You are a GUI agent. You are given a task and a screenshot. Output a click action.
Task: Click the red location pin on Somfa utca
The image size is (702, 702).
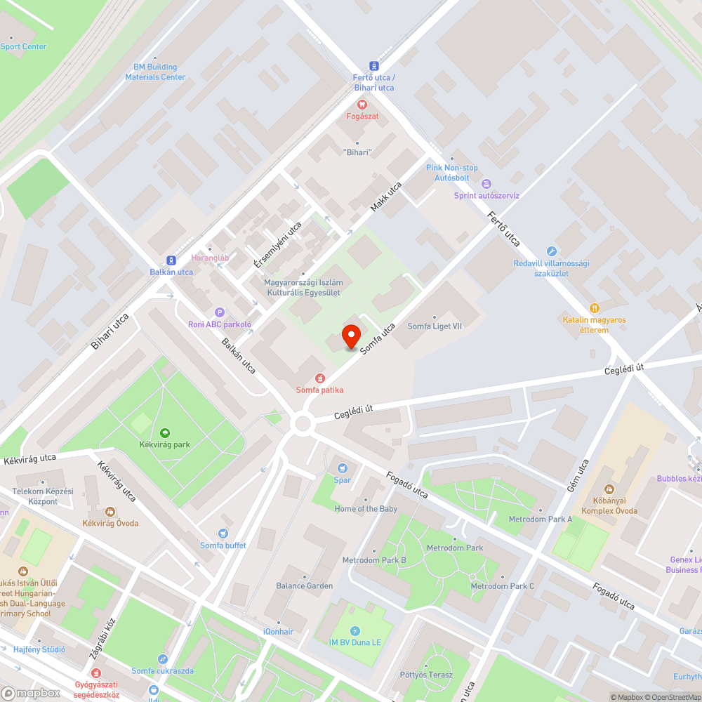[350, 336]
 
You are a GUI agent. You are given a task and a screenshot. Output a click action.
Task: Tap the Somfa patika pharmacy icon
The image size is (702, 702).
[319, 378]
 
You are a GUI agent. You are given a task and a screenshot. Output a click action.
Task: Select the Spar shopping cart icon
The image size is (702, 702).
[343, 468]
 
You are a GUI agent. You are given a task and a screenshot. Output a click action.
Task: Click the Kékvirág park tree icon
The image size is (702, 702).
[165, 432]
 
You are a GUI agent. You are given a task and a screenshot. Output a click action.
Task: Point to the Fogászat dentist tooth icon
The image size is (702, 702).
[362, 104]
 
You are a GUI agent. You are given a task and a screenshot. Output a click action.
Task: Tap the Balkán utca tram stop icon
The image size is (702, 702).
[171, 260]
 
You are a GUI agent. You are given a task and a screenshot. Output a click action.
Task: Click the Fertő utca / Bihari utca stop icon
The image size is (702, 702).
[373, 65]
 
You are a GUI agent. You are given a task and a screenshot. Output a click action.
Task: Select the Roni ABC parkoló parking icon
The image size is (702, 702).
[219, 312]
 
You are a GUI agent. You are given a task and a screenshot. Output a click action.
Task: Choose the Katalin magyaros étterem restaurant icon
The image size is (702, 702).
[595, 307]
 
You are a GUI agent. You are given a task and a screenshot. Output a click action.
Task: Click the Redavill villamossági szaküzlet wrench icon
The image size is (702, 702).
[551, 251]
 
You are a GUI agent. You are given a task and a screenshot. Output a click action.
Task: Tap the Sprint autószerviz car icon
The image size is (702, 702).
[486, 183]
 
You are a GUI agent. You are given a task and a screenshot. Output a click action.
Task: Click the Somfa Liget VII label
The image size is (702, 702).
[435, 326]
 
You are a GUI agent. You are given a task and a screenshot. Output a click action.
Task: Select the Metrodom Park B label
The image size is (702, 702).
[374, 560]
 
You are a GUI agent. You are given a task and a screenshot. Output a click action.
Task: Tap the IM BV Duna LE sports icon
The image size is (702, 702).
[355, 630]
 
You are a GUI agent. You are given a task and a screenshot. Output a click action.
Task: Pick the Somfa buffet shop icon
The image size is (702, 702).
[223, 534]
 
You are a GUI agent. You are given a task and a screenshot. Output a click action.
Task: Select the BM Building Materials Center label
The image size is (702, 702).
[155, 72]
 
